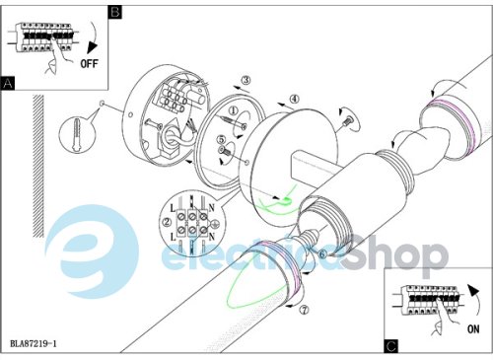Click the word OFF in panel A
pos(89,63)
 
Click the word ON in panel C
pos(473,328)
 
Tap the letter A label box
pos(8,83)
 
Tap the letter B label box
pos(114,12)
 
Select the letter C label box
pos(390,346)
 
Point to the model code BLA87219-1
pos(34,344)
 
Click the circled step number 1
pos(233,110)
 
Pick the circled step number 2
pos(168,222)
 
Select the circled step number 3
pos(246,80)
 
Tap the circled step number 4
pos(294,99)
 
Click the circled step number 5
pos(221,140)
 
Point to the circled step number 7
pos(305,310)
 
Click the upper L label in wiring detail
pos(173,208)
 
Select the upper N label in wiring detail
pos(211,208)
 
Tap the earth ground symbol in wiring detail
pos(213,224)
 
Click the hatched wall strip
pos(38,166)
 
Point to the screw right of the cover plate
pos(347,121)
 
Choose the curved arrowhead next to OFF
pos(92,48)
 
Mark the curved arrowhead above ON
pos(473,291)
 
